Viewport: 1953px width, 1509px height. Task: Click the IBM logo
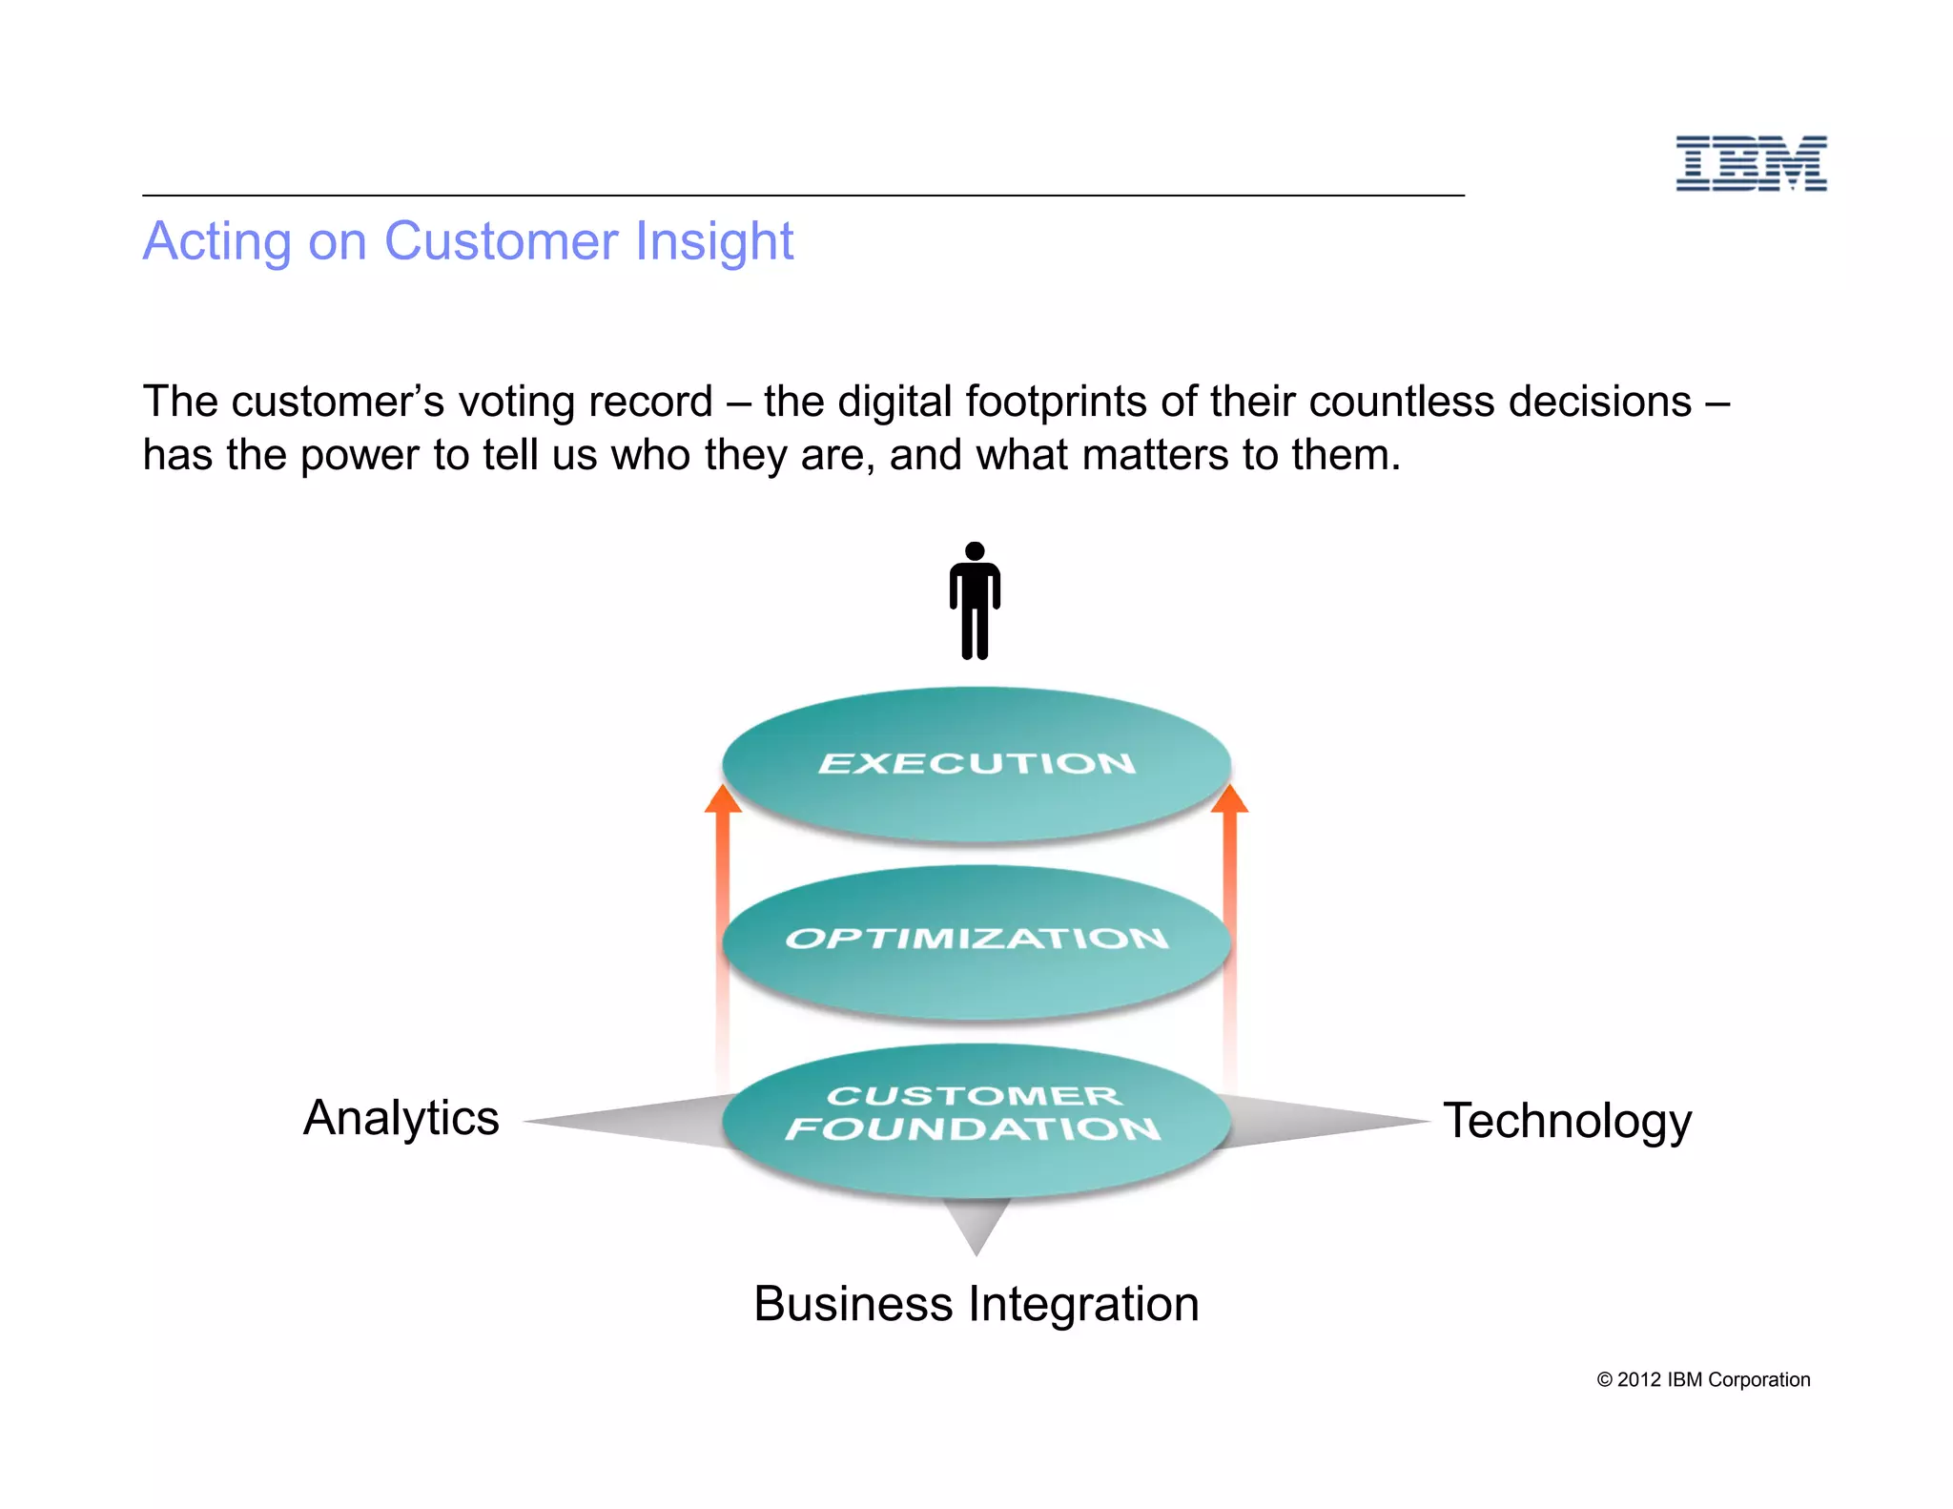pyautogui.click(x=1751, y=163)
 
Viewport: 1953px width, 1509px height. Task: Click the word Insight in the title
pyautogui.click(x=714, y=241)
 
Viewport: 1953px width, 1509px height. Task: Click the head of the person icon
pyautogui.click(x=975, y=551)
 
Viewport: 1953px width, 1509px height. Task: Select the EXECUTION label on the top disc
pyautogui.click(x=976, y=763)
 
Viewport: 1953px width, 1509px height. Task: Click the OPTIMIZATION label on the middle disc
pyautogui.click(x=976, y=939)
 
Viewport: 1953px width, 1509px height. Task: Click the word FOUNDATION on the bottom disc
pyautogui.click(x=973, y=1129)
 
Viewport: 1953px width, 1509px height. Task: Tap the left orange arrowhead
pyautogui.click(x=723, y=799)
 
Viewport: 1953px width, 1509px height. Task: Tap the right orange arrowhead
pyautogui.click(x=1229, y=799)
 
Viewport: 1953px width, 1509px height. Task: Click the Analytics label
pyautogui.click(x=401, y=1118)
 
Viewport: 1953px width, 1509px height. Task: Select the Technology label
pyautogui.click(x=1567, y=1121)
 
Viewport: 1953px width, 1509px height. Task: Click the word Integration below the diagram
pyautogui.click(x=1083, y=1304)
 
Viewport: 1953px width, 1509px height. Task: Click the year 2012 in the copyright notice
pyautogui.click(x=1638, y=1379)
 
